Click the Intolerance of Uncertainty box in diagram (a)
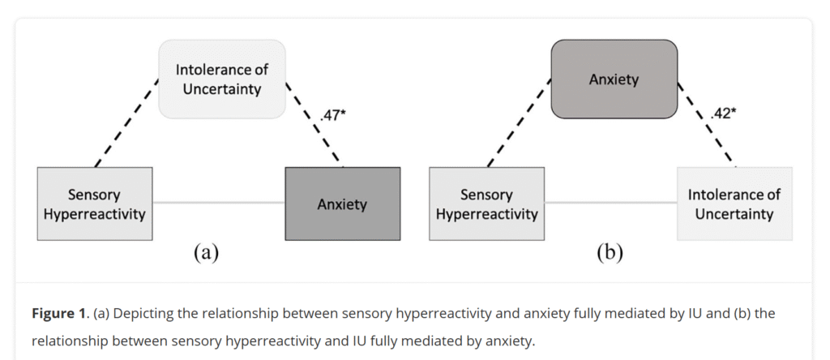[x=222, y=79]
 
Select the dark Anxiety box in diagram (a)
[x=343, y=204]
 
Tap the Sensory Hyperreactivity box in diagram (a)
[x=95, y=204]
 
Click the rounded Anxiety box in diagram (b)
[x=614, y=79]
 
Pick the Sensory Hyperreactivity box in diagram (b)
[x=486, y=204]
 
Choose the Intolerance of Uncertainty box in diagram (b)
[x=734, y=204]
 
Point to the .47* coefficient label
[x=332, y=115]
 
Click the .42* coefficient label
[x=723, y=114]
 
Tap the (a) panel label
[x=206, y=253]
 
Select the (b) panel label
[x=610, y=253]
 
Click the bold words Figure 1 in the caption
[x=58, y=314]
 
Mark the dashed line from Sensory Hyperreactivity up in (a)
[x=126, y=123]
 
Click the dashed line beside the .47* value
[x=314, y=124]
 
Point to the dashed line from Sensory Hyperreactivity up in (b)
[x=519, y=123]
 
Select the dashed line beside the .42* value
[x=706, y=124]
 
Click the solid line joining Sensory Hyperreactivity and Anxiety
[x=219, y=202]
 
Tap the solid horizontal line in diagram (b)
[x=610, y=202]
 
